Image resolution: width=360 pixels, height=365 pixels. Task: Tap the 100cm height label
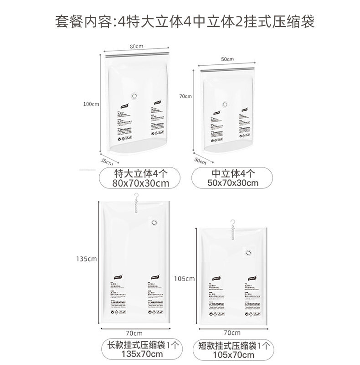coord(91,104)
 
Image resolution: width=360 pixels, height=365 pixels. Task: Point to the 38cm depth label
coord(106,161)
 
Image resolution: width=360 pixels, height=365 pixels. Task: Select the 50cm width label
coord(227,59)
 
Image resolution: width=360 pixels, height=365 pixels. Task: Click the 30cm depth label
coord(200,161)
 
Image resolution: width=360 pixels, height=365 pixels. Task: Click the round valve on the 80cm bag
coord(134,96)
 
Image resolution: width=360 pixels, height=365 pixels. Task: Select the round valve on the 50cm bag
coord(224,104)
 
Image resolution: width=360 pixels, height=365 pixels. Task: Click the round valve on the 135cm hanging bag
coord(154,223)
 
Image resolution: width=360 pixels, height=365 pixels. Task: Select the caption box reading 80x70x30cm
coord(136,178)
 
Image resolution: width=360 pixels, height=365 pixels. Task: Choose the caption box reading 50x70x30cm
coord(233,178)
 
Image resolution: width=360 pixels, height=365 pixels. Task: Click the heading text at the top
coord(180,21)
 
